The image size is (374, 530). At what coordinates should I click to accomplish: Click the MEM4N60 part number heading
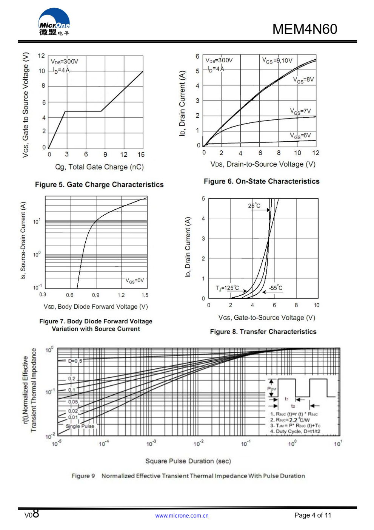305,29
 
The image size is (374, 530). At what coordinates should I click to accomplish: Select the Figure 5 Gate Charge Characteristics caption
99,184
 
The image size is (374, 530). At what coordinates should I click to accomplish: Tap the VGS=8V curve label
303,80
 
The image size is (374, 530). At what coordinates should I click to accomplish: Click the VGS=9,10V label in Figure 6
277,60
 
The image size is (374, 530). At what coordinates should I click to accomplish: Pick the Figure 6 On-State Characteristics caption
262,181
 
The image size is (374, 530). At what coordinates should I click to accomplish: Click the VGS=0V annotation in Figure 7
135,281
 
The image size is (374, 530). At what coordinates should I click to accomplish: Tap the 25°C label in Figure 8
254,206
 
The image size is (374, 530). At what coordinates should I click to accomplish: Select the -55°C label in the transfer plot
275,288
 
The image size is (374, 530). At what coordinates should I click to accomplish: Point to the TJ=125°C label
227,288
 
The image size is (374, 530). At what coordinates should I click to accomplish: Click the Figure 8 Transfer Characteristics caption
263,332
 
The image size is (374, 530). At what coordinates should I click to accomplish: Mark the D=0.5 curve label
75,361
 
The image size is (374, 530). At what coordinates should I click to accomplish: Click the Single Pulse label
80,426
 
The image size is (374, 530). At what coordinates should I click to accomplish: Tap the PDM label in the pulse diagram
272,389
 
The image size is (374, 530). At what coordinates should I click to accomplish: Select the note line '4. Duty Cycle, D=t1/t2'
295,431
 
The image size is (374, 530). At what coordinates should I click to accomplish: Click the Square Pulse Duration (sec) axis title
188,461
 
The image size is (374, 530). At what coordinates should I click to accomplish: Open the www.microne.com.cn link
182,516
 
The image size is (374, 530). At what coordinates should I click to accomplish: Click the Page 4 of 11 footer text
312,515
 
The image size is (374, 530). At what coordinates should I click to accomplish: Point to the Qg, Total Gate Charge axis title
99,167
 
